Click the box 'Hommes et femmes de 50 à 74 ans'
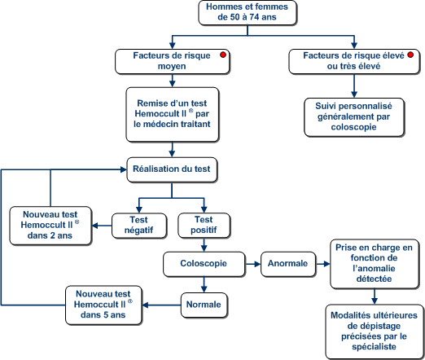tap(248, 13)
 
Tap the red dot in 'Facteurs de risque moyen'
tap(223, 55)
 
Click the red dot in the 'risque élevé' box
tap(410, 55)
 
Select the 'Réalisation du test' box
tap(172, 169)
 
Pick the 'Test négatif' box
tap(139, 226)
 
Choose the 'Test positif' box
tap(204, 226)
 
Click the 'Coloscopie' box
tap(204, 264)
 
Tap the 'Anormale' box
tap(288, 264)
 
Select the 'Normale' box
tap(204, 305)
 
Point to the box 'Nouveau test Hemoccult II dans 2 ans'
tap(50, 226)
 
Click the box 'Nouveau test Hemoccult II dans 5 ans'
tap(103, 305)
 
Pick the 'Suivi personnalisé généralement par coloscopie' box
tap(354, 117)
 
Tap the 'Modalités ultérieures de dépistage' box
tap(375, 331)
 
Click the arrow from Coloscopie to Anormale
tap(253, 264)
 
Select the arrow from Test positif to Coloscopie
tap(204, 245)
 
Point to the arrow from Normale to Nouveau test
tap(161, 305)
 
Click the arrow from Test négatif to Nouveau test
tap(102, 226)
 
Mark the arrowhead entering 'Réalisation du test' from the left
tap(124, 169)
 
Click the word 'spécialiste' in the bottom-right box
tap(375, 347)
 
